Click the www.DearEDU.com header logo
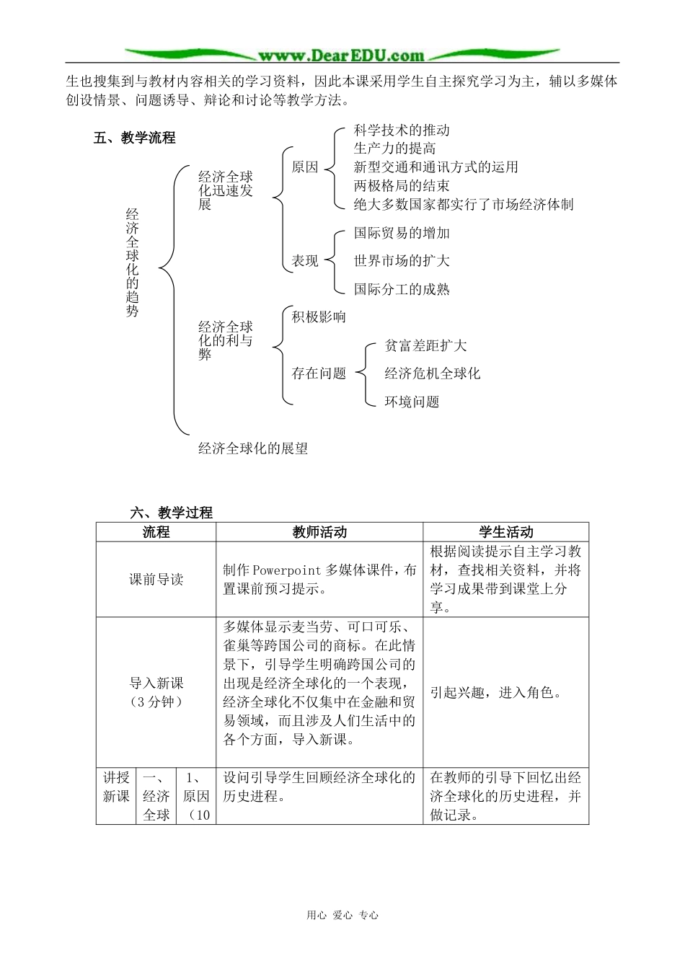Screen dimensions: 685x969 click(x=341, y=55)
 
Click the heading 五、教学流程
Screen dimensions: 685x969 click(x=135, y=138)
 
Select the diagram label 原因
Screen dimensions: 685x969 click(x=304, y=167)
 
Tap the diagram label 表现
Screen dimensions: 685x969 click(x=304, y=261)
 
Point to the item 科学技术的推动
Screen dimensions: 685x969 click(x=402, y=130)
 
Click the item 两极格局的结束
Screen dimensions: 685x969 click(x=402, y=186)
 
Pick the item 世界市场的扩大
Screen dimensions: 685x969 click(x=402, y=261)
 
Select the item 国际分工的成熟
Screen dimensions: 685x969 click(x=402, y=290)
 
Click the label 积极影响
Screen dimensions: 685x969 click(x=318, y=317)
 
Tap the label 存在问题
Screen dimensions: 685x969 click(x=318, y=373)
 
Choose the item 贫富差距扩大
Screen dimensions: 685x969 click(x=425, y=346)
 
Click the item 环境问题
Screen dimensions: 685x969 click(x=412, y=402)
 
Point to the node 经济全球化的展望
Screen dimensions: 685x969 click(x=253, y=448)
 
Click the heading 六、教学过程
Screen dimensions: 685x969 click(x=172, y=513)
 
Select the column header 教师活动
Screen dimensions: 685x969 click(x=319, y=532)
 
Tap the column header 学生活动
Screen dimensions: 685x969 click(x=505, y=532)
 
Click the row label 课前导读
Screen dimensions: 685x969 click(x=156, y=580)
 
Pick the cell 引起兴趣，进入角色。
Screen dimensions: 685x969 click(x=495, y=693)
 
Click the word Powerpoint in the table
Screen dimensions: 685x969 click(x=287, y=570)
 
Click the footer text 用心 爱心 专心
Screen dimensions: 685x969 click(x=342, y=916)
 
